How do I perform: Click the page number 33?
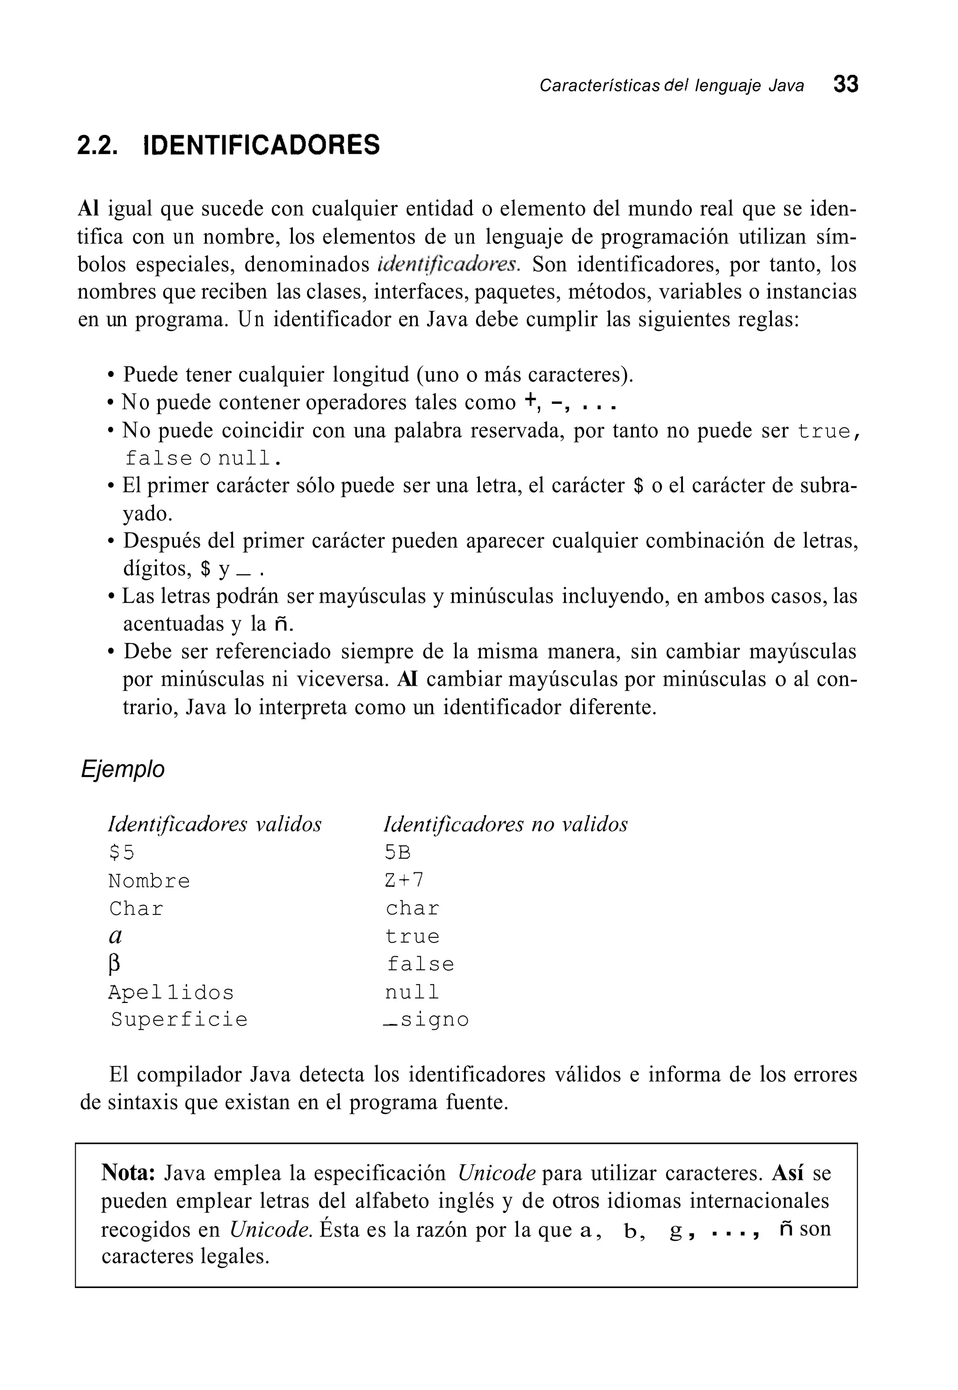point(845,85)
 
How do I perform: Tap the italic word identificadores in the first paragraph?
point(448,264)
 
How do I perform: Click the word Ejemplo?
point(123,769)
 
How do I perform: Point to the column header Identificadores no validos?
point(505,824)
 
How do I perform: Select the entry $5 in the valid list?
point(121,853)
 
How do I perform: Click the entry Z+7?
point(404,880)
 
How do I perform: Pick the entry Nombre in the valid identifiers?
point(149,881)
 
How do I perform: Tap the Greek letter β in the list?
point(114,964)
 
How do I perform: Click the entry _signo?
point(426,1019)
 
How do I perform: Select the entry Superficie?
point(179,1019)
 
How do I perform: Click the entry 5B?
point(398,853)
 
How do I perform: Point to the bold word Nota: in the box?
point(129,1173)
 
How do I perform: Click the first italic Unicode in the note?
point(496,1173)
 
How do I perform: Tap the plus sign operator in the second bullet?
point(530,401)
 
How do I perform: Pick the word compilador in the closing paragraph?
point(193,1074)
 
